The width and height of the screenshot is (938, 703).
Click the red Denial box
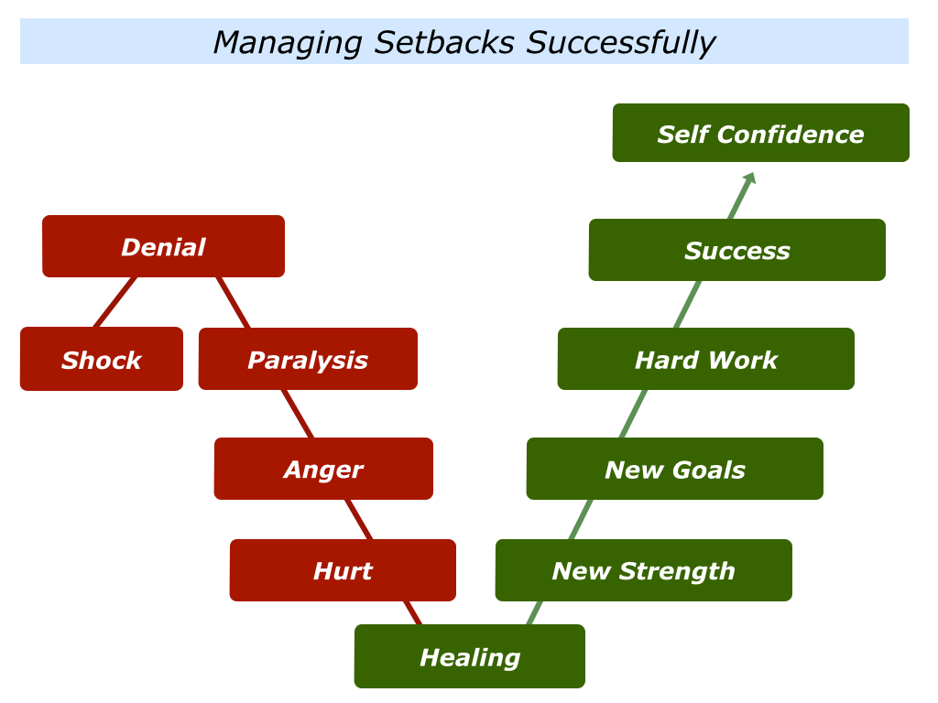(x=163, y=246)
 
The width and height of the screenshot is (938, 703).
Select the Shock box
(x=101, y=359)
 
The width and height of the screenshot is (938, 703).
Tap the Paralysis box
(x=308, y=359)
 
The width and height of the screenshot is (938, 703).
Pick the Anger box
(x=323, y=469)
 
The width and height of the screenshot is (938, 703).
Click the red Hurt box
(x=343, y=570)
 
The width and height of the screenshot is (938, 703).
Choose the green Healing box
(x=469, y=656)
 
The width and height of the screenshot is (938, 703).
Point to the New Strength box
(x=643, y=570)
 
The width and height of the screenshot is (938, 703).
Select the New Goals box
(x=674, y=469)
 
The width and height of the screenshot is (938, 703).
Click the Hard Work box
(x=705, y=359)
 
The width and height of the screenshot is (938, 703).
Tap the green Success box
(x=736, y=250)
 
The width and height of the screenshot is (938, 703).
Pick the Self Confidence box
(x=760, y=134)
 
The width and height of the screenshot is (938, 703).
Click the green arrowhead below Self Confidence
(x=748, y=179)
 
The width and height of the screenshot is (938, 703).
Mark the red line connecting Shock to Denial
(x=115, y=302)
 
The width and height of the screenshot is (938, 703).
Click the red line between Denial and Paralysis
(x=233, y=302)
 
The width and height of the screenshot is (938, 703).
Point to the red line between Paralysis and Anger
(x=298, y=414)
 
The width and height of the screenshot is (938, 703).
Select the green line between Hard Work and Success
(x=688, y=304)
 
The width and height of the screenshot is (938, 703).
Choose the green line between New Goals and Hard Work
(x=633, y=414)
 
